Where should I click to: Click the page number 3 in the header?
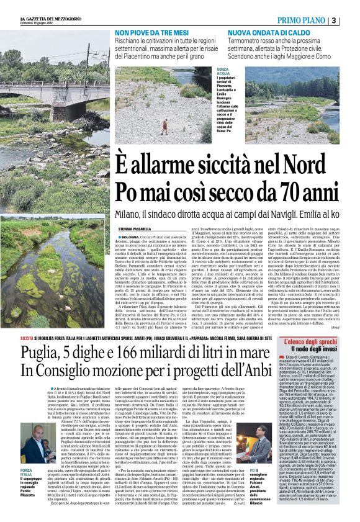(x=351, y=20)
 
